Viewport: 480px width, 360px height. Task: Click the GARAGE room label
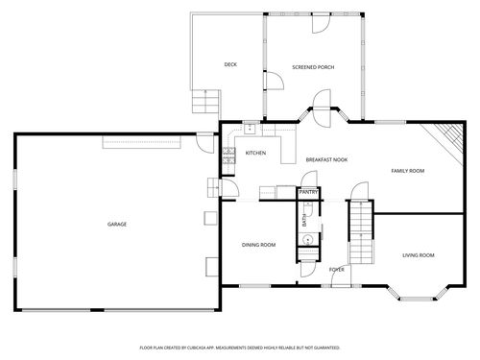coord(116,224)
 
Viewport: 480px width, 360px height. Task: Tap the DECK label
coord(230,64)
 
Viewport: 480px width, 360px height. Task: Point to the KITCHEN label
coord(255,153)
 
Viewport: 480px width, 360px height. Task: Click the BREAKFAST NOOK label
coord(326,159)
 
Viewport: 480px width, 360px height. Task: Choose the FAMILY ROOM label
coord(407,170)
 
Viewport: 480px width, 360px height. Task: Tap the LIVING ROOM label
coord(418,254)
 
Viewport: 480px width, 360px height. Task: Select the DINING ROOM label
coord(258,245)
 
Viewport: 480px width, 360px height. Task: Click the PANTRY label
coord(308,192)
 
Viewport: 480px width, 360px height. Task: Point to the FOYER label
coord(337,270)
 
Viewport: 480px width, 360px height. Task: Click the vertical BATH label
coord(304,222)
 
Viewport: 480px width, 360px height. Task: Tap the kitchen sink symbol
coord(250,128)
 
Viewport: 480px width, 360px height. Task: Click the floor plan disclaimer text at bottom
coord(239,347)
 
